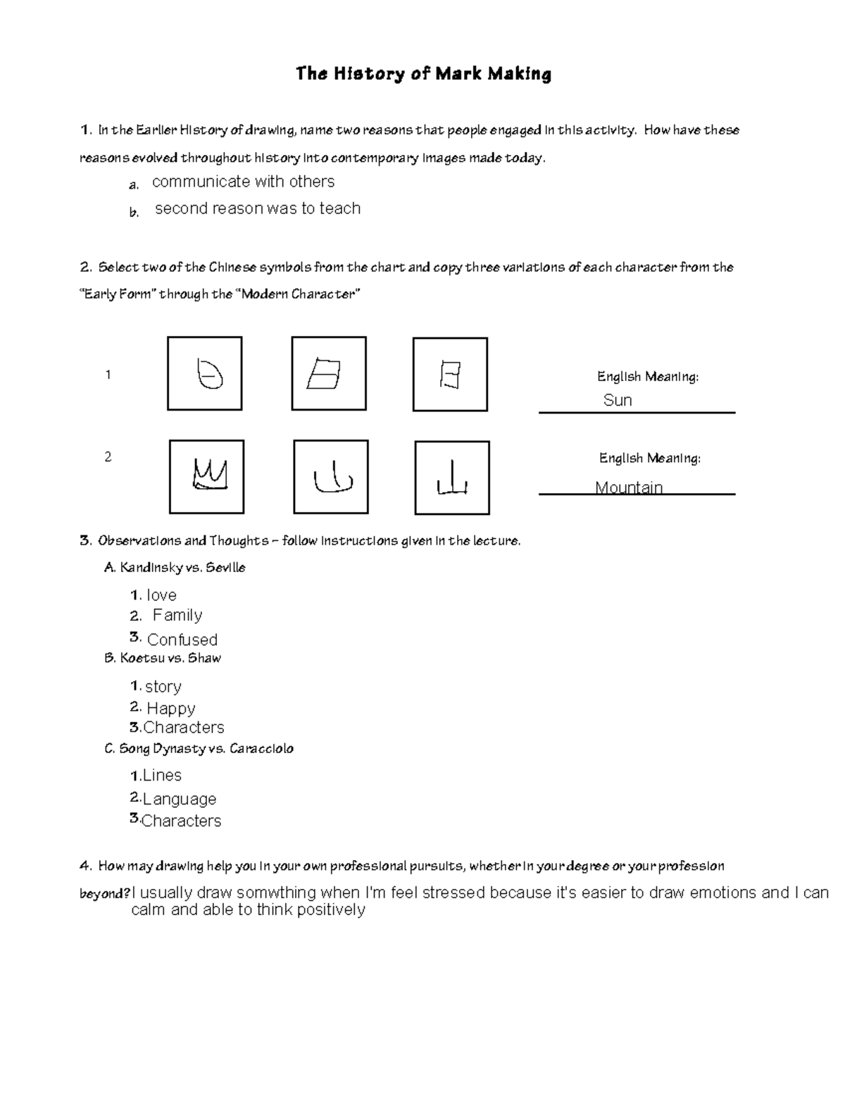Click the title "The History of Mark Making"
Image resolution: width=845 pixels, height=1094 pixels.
coord(423,74)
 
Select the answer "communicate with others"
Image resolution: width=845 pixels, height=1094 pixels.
coord(243,182)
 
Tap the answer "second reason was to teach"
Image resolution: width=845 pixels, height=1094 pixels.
coord(257,209)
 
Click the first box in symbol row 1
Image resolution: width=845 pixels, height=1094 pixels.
coord(204,373)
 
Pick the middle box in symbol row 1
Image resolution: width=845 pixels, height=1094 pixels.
coord(328,373)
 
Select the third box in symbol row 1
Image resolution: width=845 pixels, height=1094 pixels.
coord(450,374)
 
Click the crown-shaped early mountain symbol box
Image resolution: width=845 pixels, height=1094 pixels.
coord(206,477)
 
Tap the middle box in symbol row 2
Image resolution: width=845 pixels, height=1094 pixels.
coord(330,477)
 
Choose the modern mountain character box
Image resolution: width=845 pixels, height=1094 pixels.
coord(452,478)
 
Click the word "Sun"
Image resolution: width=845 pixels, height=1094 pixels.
coord(618,400)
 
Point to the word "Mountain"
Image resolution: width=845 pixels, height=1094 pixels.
coord(629,487)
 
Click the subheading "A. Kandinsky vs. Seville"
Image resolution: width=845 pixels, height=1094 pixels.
coord(175,568)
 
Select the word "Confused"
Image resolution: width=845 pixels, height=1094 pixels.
coord(182,640)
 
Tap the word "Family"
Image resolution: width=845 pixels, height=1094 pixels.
coord(177,615)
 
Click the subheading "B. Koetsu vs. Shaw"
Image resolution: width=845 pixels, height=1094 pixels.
coord(163,658)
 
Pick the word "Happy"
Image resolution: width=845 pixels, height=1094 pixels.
coord(170,708)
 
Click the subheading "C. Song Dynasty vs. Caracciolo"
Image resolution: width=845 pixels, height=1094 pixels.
coord(199,749)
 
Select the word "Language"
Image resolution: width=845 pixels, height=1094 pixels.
coord(179,799)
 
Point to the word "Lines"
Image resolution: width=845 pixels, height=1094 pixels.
coord(161,776)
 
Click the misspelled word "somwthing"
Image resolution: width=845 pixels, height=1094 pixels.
coord(276,893)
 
